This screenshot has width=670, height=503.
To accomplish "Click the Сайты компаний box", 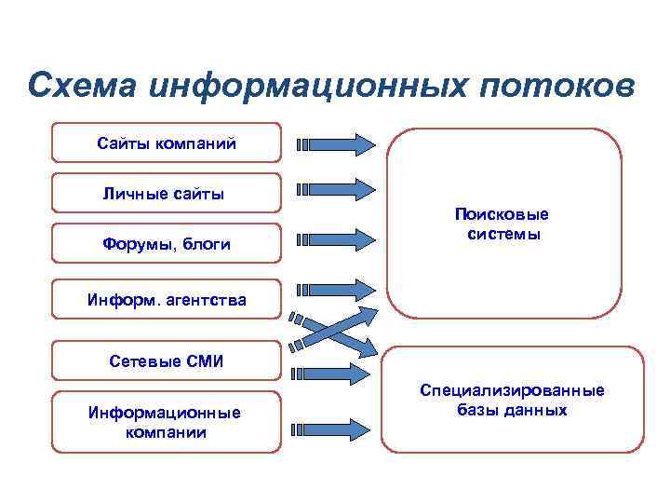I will click(x=166, y=143).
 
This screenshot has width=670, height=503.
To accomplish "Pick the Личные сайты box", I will click(x=166, y=194).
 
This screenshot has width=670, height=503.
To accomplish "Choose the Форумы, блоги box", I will click(x=166, y=244).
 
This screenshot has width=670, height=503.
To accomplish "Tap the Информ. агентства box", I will click(x=166, y=299).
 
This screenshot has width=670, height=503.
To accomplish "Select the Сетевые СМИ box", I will click(x=166, y=360).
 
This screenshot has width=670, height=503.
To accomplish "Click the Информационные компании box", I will click(x=166, y=422).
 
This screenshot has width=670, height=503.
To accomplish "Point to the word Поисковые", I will click(x=502, y=213).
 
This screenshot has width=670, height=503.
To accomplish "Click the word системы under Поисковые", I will click(x=502, y=234).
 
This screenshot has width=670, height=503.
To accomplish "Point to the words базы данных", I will click(x=512, y=410).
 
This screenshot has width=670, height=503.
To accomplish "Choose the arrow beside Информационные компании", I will click(x=335, y=429).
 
